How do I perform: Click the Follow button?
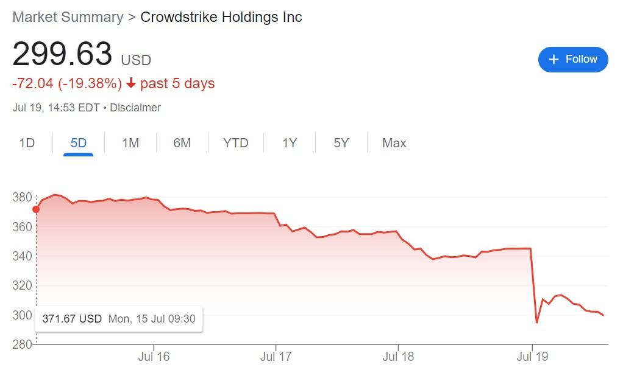(573, 59)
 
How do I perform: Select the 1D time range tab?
(27, 143)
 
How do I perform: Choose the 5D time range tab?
(79, 143)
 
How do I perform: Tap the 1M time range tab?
(130, 143)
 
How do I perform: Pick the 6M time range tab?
(182, 143)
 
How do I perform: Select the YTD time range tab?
(235, 143)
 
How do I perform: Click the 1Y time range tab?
(290, 143)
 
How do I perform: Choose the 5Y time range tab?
(341, 143)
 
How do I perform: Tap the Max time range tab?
(394, 143)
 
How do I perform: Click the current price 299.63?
(62, 54)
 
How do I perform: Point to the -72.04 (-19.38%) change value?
(67, 83)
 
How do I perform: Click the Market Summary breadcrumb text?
(68, 16)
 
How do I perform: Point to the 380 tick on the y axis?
(21, 197)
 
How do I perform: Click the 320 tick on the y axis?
(21, 285)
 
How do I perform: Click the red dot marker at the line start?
(36, 209)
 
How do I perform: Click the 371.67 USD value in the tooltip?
(71, 319)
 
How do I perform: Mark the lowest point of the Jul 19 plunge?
(536, 323)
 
